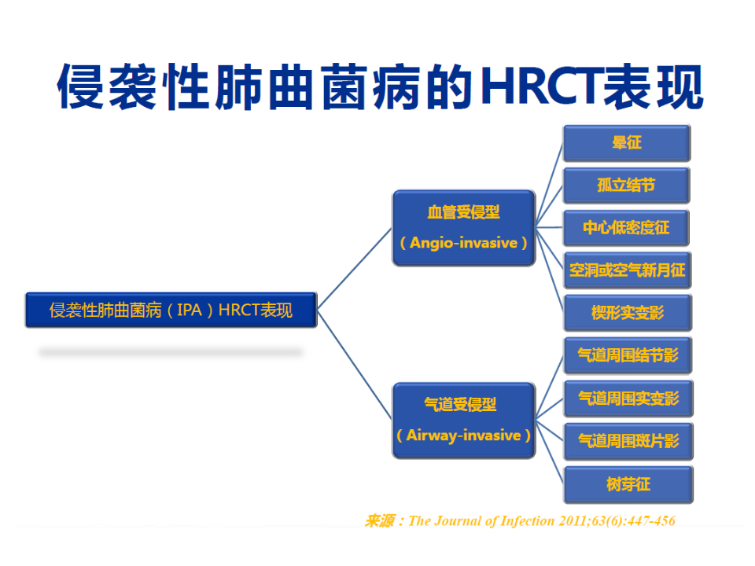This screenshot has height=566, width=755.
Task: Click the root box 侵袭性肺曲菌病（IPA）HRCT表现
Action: (171, 310)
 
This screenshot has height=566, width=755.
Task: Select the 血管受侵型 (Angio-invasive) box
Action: (464, 228)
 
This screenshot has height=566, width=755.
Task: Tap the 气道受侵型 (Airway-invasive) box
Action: (464, 420)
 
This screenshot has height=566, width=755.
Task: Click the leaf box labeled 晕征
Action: (627, 142)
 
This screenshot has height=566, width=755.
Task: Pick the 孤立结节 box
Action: (627, 185)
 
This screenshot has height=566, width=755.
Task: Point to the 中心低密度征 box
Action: (627, 227)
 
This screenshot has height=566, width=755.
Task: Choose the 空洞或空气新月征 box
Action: (628, 270)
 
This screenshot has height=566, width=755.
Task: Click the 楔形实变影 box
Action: (628, 313)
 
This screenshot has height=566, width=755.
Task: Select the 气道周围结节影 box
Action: (628, 355)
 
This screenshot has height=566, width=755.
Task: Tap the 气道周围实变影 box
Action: (628, 399)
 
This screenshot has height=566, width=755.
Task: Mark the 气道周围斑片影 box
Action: (628, 441)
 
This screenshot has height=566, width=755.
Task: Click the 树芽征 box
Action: (628, 484)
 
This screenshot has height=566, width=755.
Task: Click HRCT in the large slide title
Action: (542, 86)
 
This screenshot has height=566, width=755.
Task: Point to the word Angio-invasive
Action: (464, 243)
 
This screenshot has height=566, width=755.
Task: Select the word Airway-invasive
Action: (464, 436)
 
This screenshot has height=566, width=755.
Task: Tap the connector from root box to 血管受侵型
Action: (355, 269)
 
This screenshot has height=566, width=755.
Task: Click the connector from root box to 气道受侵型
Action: (355, 365)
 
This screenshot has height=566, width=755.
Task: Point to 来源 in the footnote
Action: (380, 521)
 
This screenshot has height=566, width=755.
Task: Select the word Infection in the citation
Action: (528, 521)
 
